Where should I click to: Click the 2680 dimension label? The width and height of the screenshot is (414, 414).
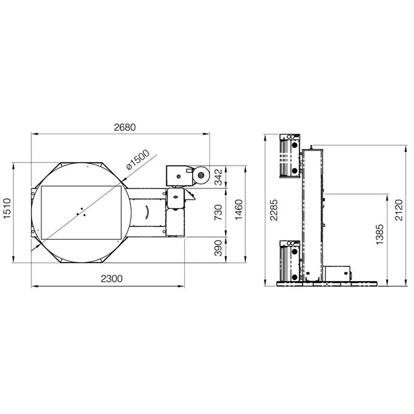click(125, 127)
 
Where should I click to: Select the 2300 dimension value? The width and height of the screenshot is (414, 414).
click(112, 279)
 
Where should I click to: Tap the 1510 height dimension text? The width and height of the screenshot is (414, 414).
click(7, 208)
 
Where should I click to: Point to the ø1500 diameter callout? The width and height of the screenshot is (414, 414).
click(138, 160)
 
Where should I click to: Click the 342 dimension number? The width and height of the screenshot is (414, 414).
click(219, 177)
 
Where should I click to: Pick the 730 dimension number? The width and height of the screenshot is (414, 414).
click(219, 213)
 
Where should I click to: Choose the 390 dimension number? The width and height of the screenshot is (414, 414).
click(219, 248)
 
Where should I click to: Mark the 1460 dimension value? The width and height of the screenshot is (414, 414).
click(239, 209)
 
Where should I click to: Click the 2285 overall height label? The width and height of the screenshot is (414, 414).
click(274, 210)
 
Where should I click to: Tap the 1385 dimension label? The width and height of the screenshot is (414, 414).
click(379, 234)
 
